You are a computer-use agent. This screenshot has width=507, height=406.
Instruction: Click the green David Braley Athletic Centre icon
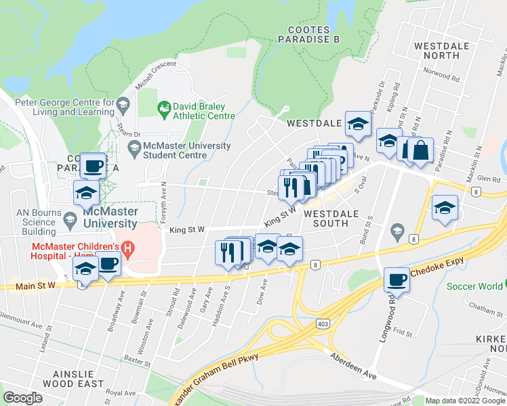pyautogui.click(x=163, y=108)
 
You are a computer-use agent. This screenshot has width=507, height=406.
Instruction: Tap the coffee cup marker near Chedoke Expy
pyautogui.click(x=397, y=279)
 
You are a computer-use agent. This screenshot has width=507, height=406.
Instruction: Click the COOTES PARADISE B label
pyautogui.click(x=313, y=35)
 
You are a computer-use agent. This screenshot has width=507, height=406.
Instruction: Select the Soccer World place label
pyautogui.click(x=475, y=286)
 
